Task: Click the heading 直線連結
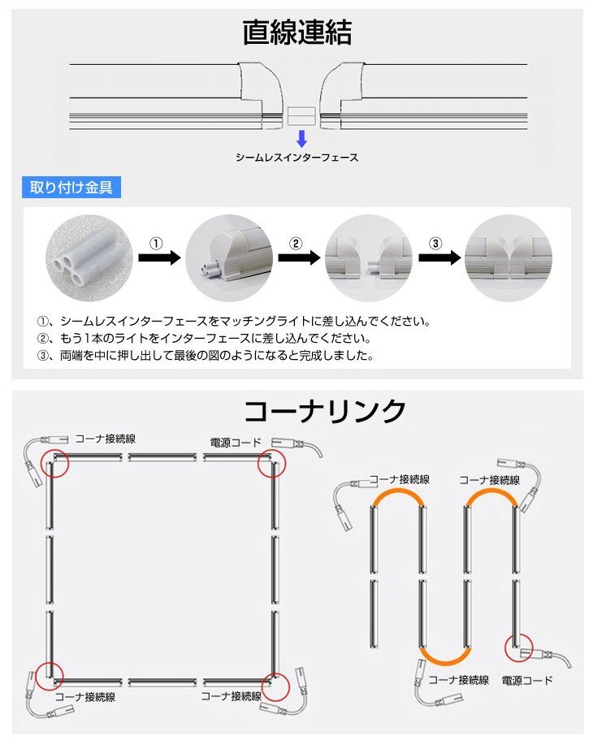(296, 32)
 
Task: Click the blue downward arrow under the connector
(301, 136)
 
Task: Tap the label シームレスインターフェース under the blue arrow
(296, 158)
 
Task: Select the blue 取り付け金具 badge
(71, 188)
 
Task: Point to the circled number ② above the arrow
(296, 244)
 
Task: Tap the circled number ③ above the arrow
(435, 244)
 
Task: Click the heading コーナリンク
(325, 411)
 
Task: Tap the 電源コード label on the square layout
(236, 443)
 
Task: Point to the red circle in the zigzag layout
(520, 648)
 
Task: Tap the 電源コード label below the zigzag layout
(526, 680)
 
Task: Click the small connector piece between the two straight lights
(301, 115)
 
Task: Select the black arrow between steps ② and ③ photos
(435, 257)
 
